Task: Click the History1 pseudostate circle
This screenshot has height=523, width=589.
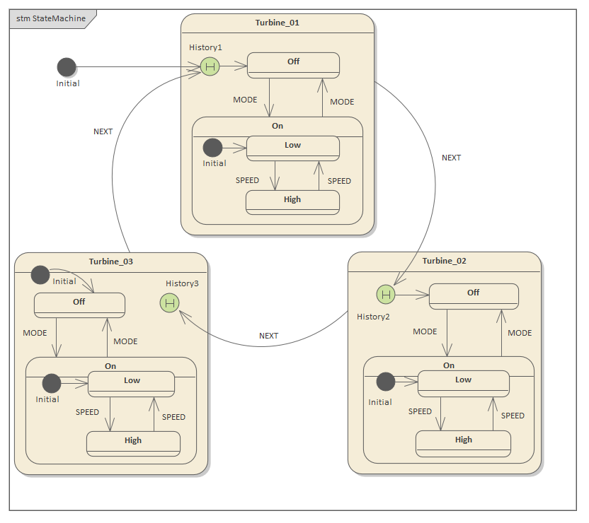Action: pos(209,66)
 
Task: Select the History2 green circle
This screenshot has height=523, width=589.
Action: pos(385,294)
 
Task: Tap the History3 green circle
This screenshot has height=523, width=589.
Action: pos(169,303)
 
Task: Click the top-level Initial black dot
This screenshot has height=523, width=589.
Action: pos(66,67)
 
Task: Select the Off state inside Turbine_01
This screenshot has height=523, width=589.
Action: pos(293,64)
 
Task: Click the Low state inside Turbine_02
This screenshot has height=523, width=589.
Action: pos(463,382)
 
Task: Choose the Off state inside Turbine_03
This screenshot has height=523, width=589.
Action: pos(79,305)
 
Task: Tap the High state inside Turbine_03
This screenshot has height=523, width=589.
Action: pos(133,443)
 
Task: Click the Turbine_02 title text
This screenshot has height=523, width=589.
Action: pos(444,261)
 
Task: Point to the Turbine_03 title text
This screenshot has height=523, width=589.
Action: pos(110,261)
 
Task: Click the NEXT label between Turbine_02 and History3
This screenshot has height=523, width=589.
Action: pos(268,336)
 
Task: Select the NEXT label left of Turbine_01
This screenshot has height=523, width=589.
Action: pos(103,131)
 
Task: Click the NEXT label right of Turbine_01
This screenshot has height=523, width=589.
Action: pos(451,158)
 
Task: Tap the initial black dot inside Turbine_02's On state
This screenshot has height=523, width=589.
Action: pos(385,382)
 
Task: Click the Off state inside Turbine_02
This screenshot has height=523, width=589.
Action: pos(474,295)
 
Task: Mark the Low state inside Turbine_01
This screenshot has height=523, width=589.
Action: pos(292,148)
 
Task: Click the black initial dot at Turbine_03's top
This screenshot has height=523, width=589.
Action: pos(40,274)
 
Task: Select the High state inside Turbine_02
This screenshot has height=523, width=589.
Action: pos(463,442)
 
